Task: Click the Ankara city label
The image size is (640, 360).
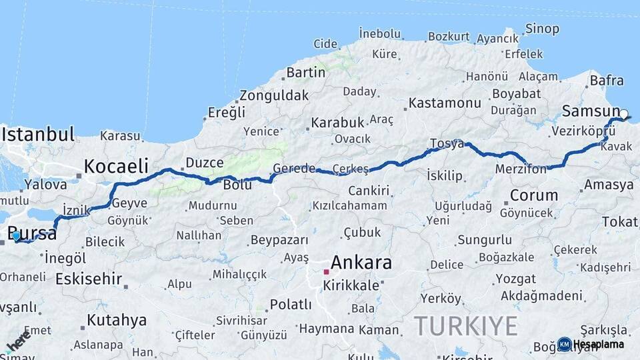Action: tap(361, 262)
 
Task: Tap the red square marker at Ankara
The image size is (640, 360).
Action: tap(326, 272)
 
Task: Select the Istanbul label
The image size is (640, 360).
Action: tap(38, 134)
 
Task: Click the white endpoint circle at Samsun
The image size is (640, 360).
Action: tap(624, 115)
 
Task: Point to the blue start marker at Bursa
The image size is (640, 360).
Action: tap(16, 235)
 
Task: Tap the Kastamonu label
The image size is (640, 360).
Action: tap(445, 103)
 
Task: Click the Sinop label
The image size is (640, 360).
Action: tap(542, 29)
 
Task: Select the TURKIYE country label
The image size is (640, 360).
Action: tap(465, 326)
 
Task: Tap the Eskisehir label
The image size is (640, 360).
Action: tap(89, 279)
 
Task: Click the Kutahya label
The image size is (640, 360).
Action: tap(117, 320)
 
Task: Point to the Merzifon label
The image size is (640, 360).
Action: tap(520, 169)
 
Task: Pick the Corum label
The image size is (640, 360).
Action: tap(534, 195)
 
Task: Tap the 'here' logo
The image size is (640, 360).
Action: tap(19, 341)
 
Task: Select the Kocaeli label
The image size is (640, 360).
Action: tap(116, 165)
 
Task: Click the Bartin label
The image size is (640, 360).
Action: tap(306, 72)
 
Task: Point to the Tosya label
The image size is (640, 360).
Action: tap(447, 143)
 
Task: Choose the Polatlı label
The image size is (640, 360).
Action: tap(291, 305)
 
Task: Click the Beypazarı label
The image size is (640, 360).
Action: tap(279, 240)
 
